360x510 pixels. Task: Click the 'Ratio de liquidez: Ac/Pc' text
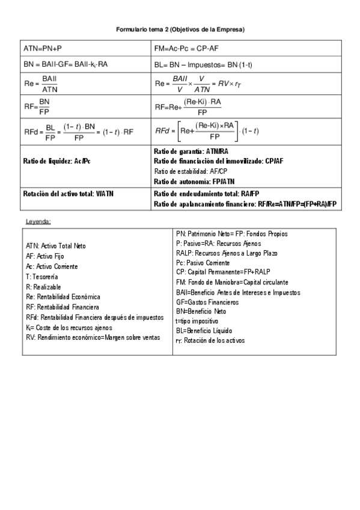[57, 161]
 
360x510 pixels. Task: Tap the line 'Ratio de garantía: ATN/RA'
[191, 152]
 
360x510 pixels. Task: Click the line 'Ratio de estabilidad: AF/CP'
[189, 171]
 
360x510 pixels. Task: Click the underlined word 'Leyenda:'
[38, 221]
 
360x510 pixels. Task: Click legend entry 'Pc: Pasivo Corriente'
[203, 263]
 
